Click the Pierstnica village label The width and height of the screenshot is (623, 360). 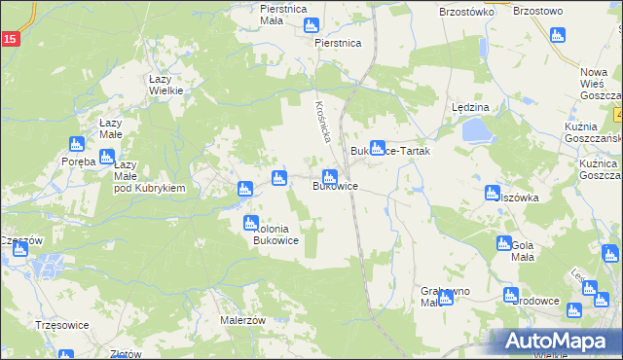pyautogui.click(x=338, y=44)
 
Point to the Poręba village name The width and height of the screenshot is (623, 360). pyautogui.click(x=78, y=162)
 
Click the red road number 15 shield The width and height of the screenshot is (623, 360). pyautogui.click(x=9, y=39)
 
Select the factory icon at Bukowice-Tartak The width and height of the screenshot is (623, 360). pyautogui.click(x=377, y=147)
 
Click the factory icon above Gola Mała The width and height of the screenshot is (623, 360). pyautogui.click(x=503, y=243)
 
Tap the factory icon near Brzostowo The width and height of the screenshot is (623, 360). pyautogui.click(x=557, y=35)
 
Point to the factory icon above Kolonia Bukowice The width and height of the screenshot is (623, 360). pyautogui.click(x=251, y=222)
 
